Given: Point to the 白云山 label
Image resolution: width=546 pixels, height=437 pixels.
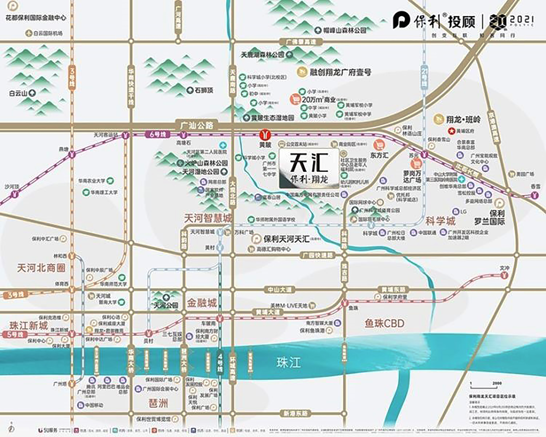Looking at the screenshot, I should click(18, 93).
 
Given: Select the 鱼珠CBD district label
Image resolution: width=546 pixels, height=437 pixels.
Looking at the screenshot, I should click(384, 323).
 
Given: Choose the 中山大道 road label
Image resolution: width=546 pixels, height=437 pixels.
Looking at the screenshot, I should click(280, 289).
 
